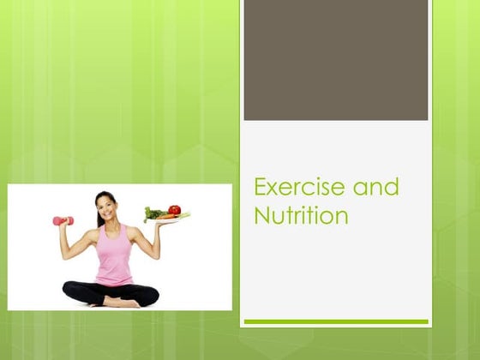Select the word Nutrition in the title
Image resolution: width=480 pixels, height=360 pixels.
(301, 217)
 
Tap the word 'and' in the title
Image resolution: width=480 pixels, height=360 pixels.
(376, 188)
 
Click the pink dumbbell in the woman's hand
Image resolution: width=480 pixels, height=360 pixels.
(63, 220)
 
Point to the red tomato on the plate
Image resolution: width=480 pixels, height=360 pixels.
(175, 210)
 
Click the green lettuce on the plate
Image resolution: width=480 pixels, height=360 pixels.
(154, 213)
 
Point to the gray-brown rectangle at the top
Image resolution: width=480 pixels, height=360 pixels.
(335, 60)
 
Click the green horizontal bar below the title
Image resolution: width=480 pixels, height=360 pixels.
(335, 321)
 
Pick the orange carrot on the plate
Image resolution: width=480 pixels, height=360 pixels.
(166, 218)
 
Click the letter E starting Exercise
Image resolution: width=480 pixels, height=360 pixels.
(261, 188)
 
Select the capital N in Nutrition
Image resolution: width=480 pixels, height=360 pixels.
(261, 217)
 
